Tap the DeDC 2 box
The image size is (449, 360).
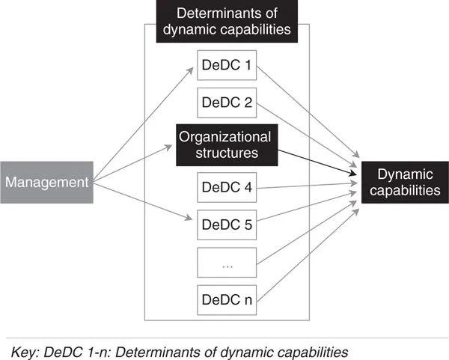(227, 103)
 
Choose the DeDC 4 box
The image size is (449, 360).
(227, 186)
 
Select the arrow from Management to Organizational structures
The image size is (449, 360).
(135, 162)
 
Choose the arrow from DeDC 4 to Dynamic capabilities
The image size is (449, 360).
(307, 187)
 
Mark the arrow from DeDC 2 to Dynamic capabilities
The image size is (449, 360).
(307, 135)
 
